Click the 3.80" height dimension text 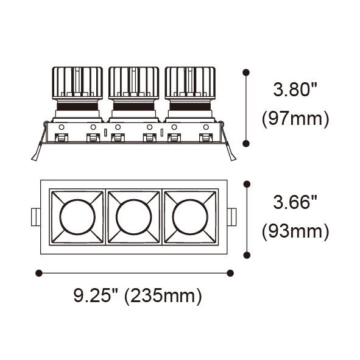click(x=295, y=90)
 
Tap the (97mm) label click(x=295, y=119)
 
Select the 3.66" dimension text click(x=295, y=202)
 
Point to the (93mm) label click(x=295, y=231)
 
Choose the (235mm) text click(x=163, y=296)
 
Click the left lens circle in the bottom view click(x=77, y=217)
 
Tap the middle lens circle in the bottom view click(x=134, y=217)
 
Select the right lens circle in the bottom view click(x=190, y=217)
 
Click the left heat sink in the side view click(x=77, y=83)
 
